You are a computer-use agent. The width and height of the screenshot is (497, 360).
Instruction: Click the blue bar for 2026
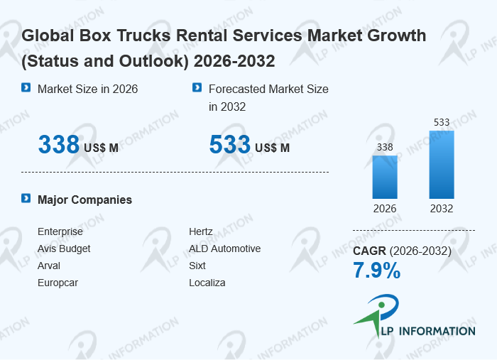coord(385,177)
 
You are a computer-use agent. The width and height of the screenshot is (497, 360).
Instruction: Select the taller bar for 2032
coord(442,165)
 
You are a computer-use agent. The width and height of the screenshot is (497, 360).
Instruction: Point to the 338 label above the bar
coord(385,147)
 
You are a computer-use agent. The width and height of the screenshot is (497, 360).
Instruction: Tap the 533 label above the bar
coord(442,122)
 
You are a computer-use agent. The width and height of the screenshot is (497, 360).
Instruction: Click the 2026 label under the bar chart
coord(385,209)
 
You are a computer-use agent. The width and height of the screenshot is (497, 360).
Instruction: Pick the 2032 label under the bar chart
coord(442,209)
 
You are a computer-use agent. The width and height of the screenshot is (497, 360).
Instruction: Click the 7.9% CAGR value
coord(377,271)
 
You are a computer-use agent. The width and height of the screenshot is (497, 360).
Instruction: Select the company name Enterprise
coord(60,231)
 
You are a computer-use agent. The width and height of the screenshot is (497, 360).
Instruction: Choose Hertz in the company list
coord(201,231)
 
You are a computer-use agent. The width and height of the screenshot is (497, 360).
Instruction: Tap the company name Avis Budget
coord(64,249)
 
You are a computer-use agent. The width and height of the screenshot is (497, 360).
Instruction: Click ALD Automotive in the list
coord(224,249)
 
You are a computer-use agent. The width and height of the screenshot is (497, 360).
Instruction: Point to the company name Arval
coord(49,266)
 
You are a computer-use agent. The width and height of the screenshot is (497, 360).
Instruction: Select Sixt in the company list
coord(197,266)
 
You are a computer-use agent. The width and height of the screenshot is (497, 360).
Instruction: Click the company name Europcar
coord(58,283)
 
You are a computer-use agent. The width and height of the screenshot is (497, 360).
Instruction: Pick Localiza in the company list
coord(207,283)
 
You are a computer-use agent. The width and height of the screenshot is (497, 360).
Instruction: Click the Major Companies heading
coord(84,200)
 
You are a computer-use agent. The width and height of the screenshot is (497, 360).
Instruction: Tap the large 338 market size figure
coord(59,145)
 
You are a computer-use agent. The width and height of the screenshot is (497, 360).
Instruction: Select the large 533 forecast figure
coord(230,145)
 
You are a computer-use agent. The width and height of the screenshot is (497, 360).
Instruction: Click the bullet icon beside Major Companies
coord(26,199)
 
